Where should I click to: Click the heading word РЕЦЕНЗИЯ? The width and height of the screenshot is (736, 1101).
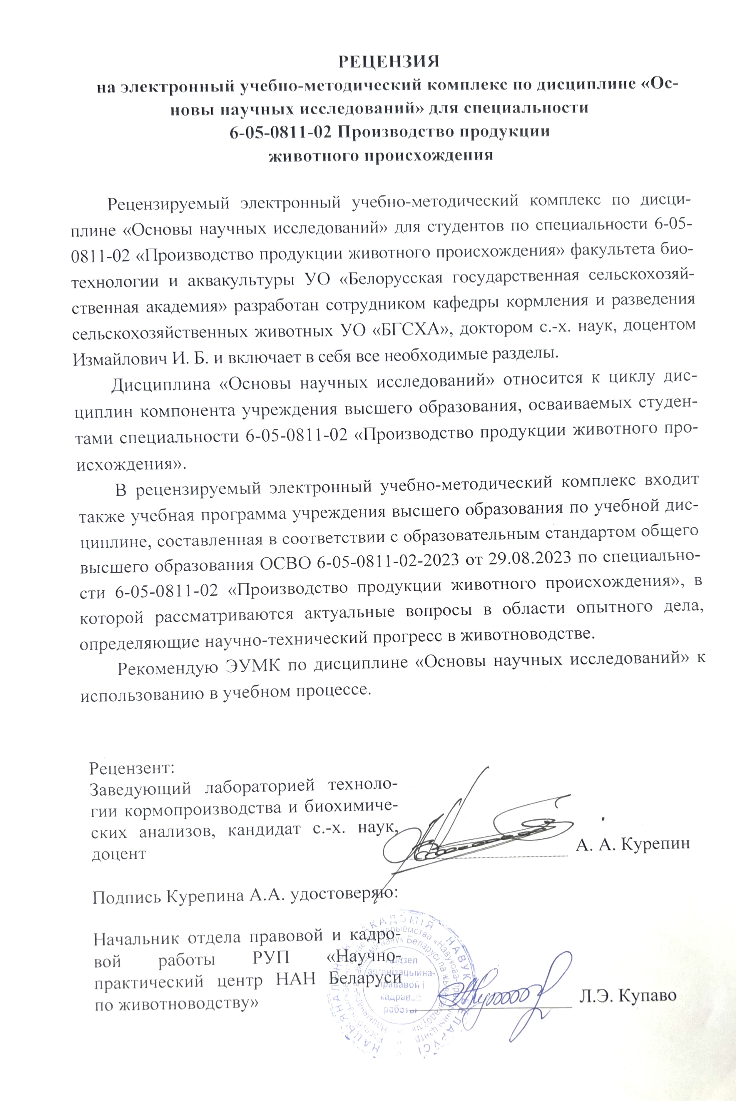389,61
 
